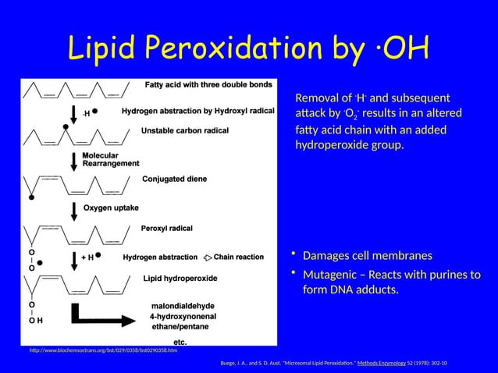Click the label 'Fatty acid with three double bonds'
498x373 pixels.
pos(207,84)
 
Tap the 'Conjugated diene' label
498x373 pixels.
pos(174,179)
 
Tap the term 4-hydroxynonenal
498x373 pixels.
pos(187,317)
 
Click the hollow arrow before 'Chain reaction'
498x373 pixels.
pos(208,256)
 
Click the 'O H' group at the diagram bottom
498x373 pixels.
pos(36,320)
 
